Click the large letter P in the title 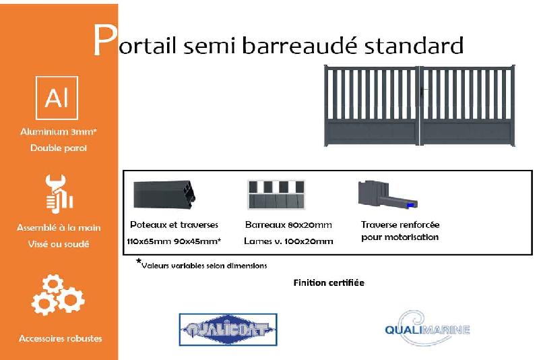103,42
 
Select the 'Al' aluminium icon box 57,98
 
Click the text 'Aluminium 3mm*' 59,132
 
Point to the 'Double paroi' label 59,148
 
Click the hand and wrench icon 59,193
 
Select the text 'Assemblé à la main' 59,228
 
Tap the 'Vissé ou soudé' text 59,244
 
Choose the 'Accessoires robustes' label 61,338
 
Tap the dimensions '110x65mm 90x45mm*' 174,241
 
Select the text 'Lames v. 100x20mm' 289,241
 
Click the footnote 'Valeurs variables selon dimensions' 203,266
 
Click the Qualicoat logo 228,330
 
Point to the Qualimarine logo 426,328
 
